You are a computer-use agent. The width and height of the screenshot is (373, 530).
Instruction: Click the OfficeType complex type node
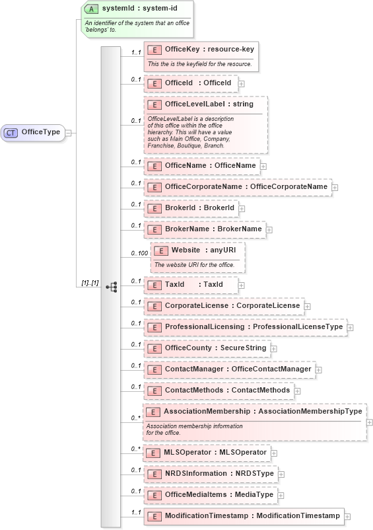34,132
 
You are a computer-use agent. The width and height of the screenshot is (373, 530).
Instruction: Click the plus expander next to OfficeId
242,84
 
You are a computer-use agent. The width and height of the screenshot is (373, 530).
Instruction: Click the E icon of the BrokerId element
154,208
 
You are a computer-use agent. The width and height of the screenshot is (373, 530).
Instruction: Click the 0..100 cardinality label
139,253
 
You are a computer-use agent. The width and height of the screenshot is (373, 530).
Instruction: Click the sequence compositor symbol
111,287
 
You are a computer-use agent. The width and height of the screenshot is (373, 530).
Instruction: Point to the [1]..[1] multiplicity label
90,283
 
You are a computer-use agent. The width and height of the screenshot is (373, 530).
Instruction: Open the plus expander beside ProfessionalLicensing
351,328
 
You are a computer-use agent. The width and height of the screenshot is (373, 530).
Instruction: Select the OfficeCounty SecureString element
206,348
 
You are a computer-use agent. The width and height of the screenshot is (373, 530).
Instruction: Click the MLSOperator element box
207,452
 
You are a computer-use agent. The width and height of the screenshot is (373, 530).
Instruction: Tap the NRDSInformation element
211,473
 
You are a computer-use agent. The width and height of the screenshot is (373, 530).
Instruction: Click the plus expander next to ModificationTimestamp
348,516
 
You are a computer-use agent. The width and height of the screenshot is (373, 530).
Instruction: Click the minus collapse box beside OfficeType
68,132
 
